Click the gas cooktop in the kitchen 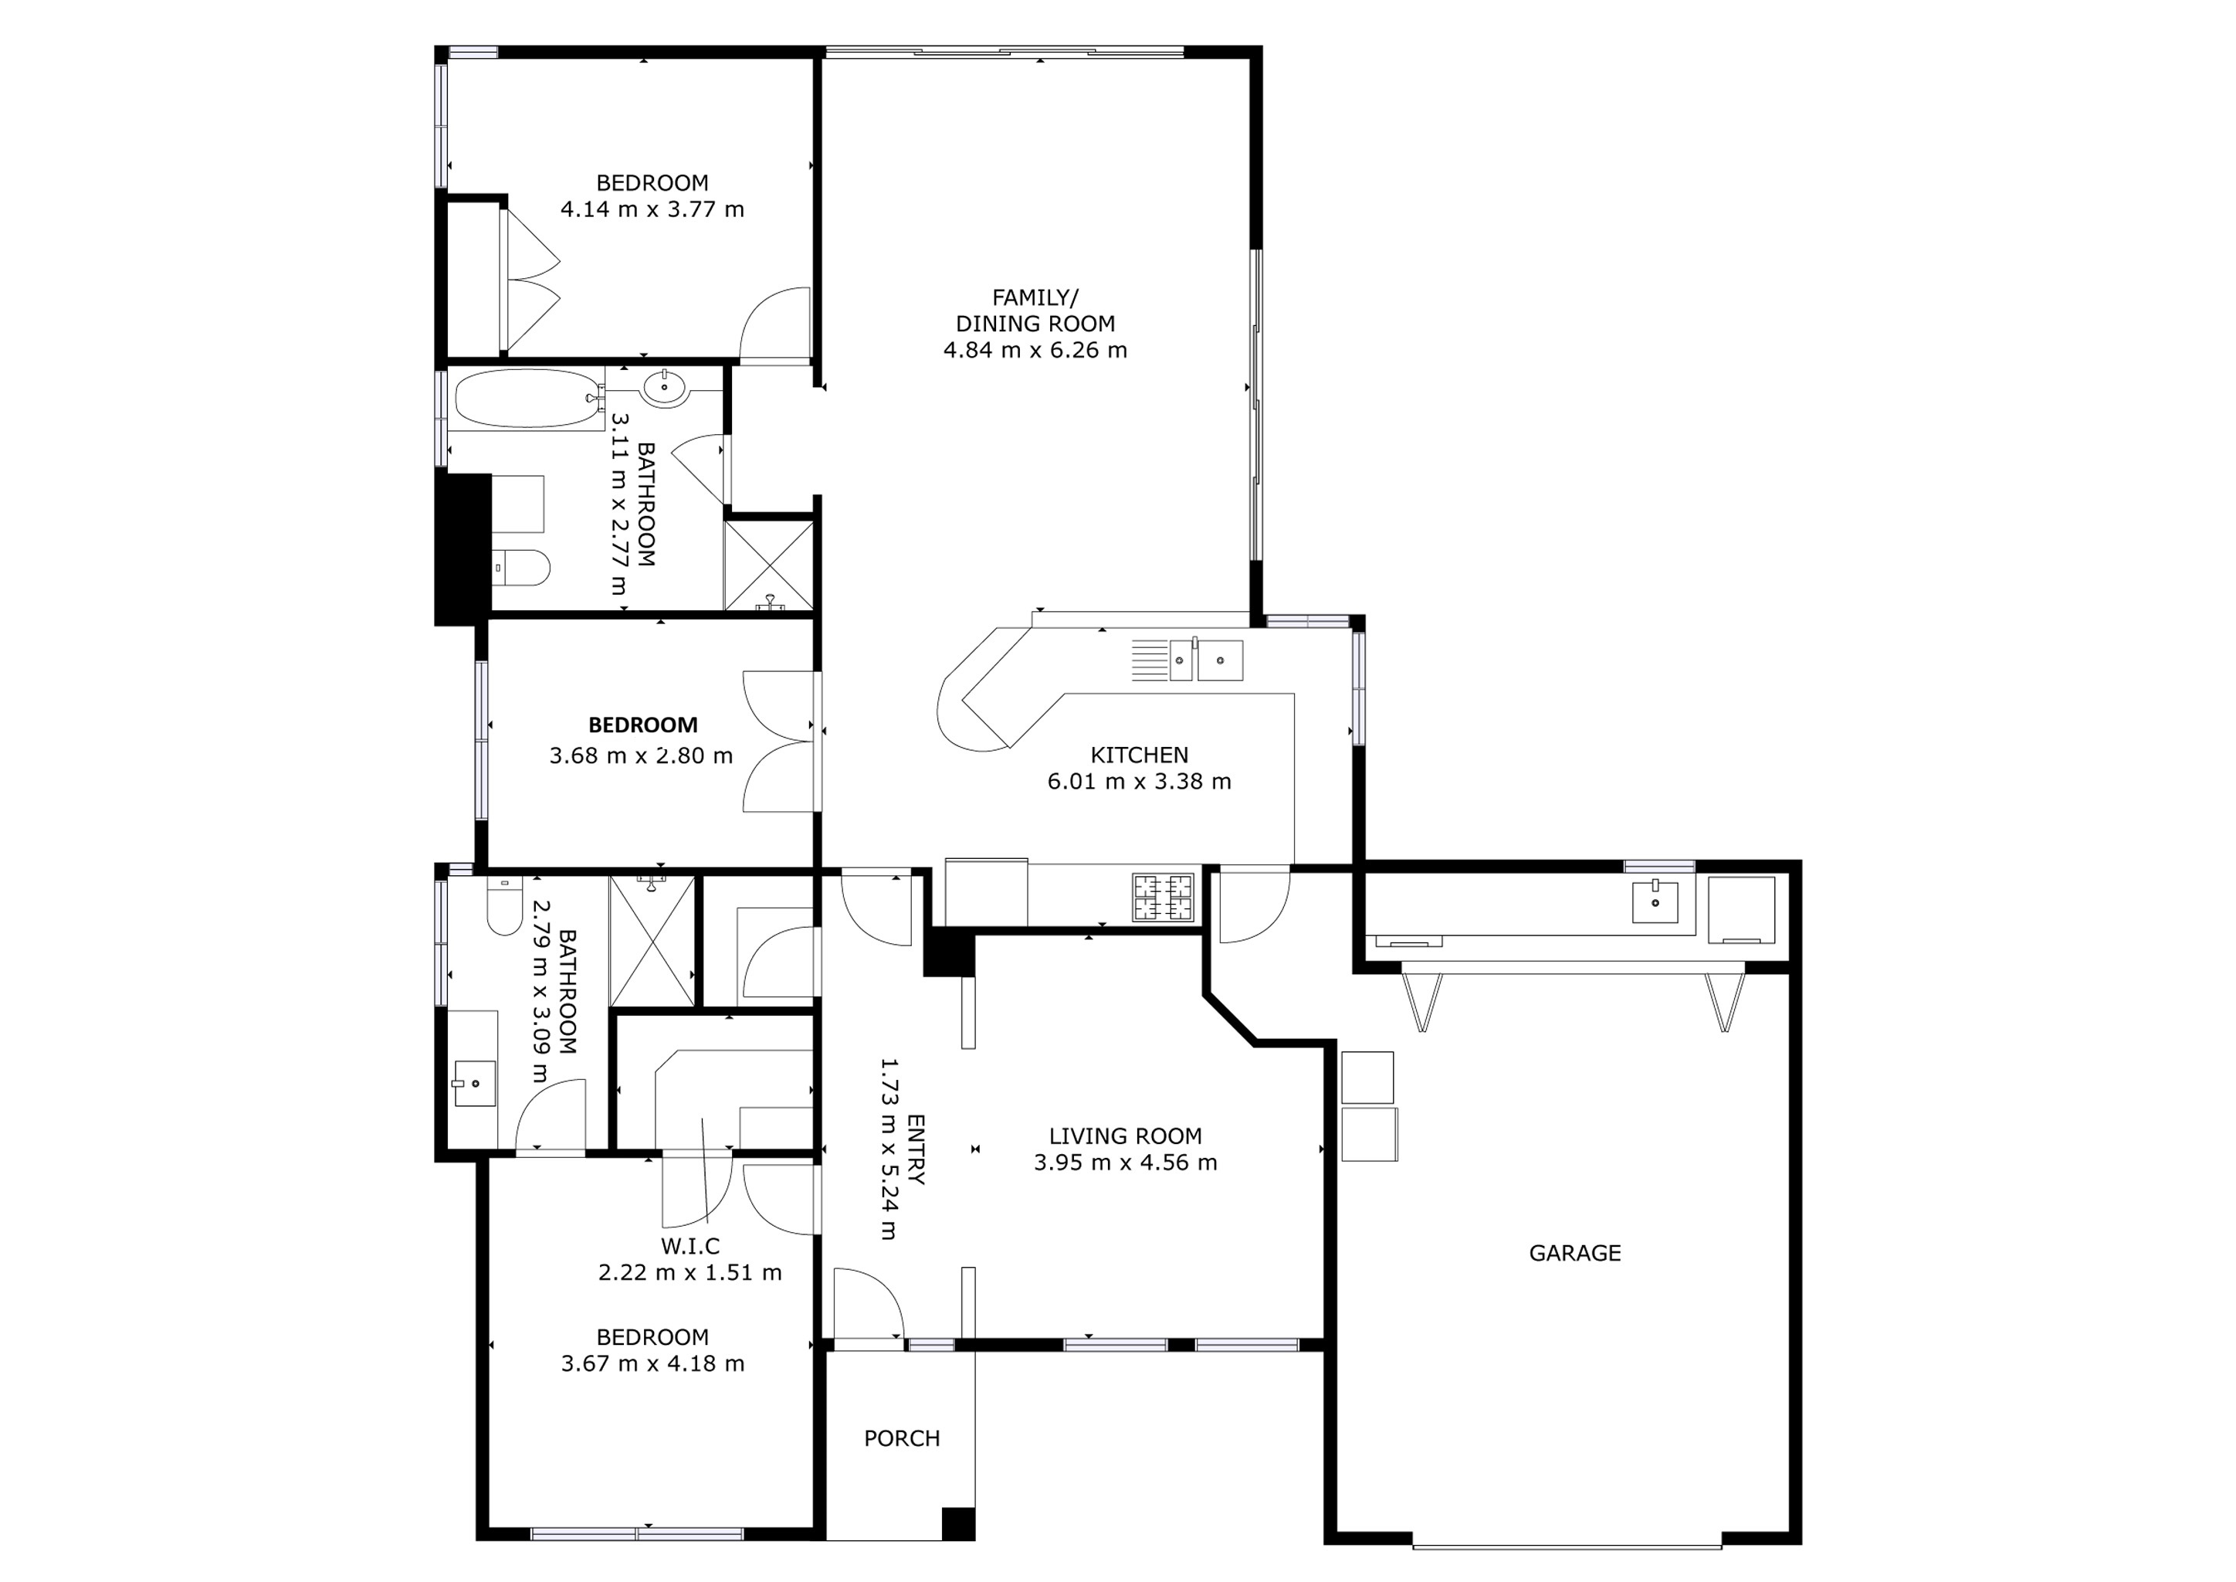(1162, 897)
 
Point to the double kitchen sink (1206, 660)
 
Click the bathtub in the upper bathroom (527, 398)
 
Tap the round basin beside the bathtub (666, 387)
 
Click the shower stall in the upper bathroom (768, 567)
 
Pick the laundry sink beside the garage (1655, 901)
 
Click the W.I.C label (689, 1246)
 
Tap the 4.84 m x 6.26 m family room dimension (1035, 350)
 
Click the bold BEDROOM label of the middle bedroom (642, 725)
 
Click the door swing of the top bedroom (776, 324)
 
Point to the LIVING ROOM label (1125, 1136)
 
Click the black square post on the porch (958, 1523)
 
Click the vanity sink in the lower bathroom (476, 1083)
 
